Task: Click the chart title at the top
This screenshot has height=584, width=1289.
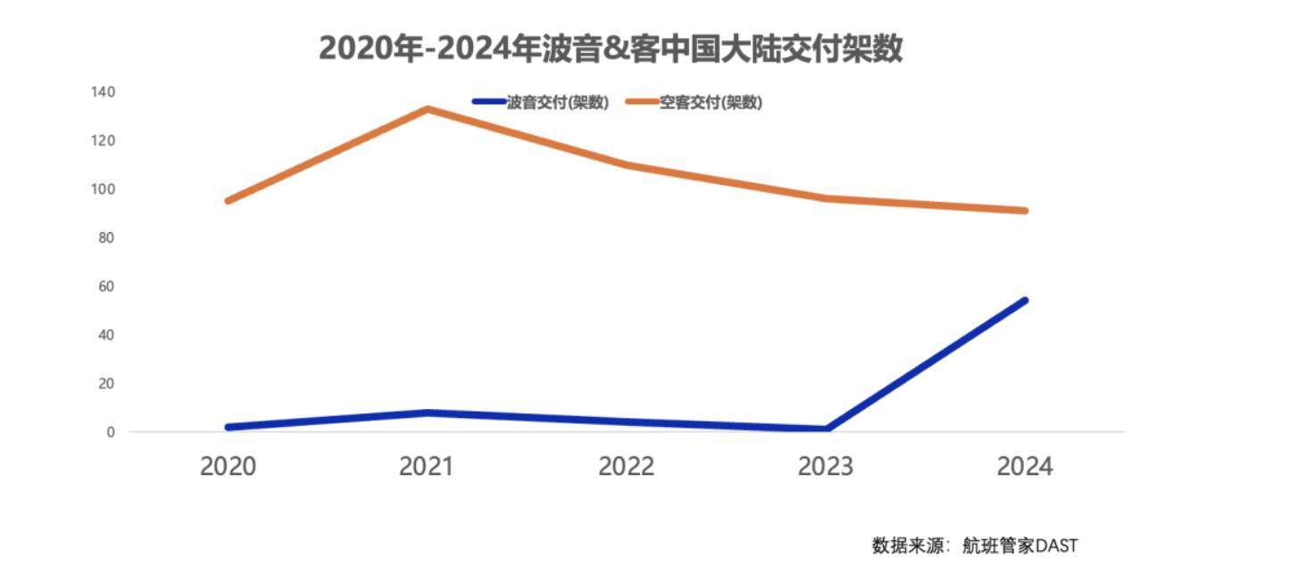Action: (x=611, y=48)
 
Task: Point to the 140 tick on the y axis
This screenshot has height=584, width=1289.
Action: (x=103, y=92)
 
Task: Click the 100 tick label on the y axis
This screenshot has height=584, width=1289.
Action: (x=103, y=189)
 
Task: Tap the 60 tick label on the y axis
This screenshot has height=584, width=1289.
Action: (x=106, y=287)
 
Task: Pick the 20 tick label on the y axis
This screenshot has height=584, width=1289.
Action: (x=106, y=383)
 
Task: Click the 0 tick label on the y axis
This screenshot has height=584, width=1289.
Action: (x=110, y=432)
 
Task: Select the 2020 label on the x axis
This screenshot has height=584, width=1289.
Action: (x=228, y=466)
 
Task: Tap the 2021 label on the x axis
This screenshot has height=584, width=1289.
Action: (x=426, y=466)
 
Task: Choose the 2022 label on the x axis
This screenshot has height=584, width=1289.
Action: (x=626, y=466)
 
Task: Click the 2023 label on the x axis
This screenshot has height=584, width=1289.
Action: (x=825, y=466)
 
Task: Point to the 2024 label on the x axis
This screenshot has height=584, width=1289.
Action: (x=1025, y=466)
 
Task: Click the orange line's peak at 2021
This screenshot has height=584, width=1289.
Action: (x=428, y=109)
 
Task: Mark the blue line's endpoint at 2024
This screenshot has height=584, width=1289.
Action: (x=1025, y=300)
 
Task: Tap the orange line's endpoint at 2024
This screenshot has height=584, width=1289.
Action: (x=1025, y=211)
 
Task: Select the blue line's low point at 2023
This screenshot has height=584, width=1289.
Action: (x=827, y=429)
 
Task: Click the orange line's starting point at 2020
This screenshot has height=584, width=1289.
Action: (x=229, y=201)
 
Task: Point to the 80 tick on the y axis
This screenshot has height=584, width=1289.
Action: (x=106, y=238)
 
